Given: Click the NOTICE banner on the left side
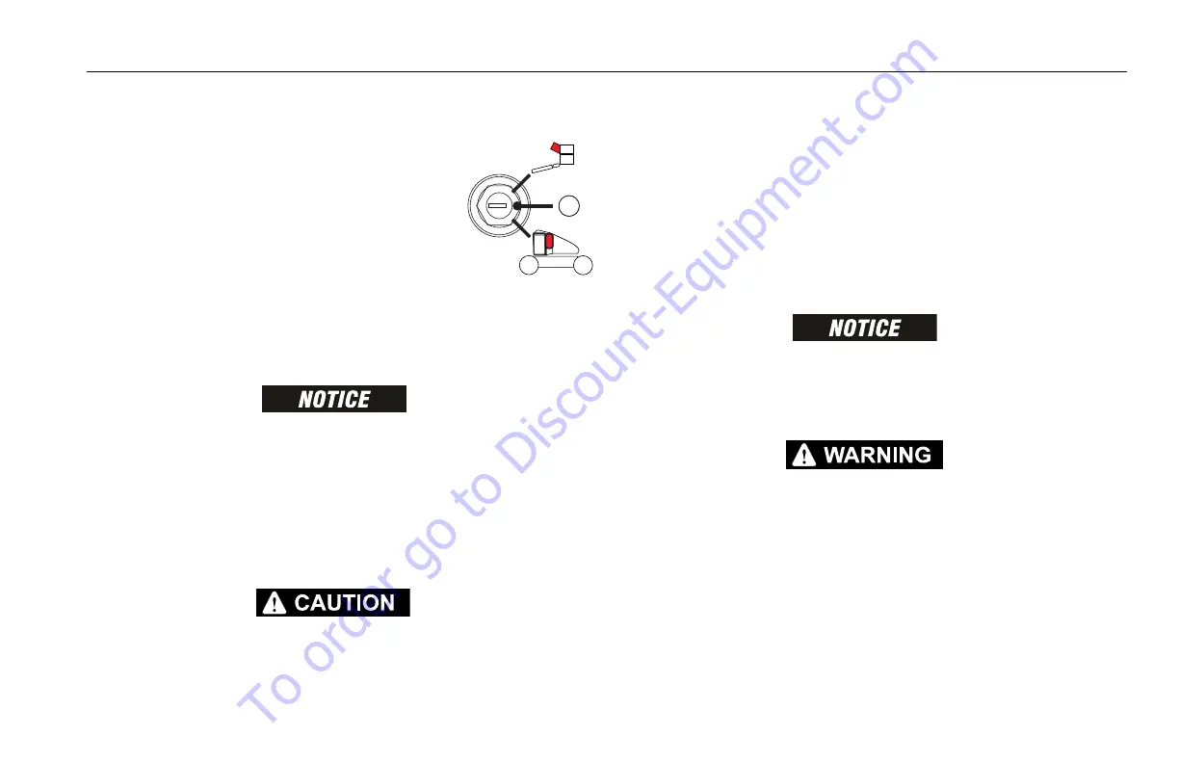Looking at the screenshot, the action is pos(334,399).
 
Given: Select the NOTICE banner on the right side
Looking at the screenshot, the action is pos(864,328).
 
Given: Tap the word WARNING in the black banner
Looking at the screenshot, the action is pos(877,455).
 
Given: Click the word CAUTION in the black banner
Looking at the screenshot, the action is pos(344,603).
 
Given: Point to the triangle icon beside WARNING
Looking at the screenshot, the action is pos(802,456).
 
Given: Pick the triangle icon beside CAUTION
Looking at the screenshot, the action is pos(275,604).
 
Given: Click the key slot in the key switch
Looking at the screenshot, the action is pos(497,205).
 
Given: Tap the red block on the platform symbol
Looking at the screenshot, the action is pos(555,146).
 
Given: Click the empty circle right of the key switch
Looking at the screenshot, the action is pos(570,204).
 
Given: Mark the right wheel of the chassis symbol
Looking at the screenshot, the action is pos(581,267).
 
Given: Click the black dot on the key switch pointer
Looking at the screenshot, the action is pos(517,205).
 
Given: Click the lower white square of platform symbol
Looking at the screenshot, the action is pos(566,158).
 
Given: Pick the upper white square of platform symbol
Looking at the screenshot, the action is pos(566,147).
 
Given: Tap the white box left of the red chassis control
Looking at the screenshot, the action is pos(538,245).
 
